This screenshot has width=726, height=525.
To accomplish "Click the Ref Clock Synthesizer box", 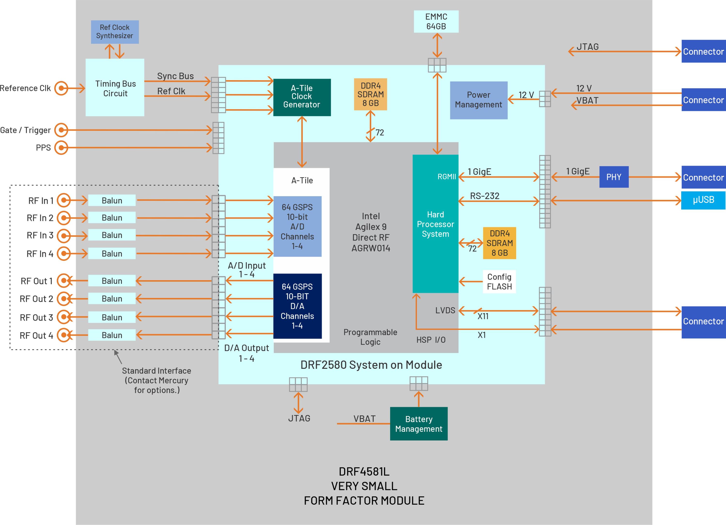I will pos(115,32).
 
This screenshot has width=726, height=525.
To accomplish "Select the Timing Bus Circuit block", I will pos(115,87).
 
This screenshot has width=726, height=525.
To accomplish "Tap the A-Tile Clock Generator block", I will pos(302,97).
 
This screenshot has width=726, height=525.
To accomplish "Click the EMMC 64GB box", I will pos(436,22).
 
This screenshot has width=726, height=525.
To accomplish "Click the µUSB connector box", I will pos(703,200).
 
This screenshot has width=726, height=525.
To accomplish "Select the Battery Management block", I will pos(418,424).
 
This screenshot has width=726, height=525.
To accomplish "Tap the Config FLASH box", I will pos(499,282).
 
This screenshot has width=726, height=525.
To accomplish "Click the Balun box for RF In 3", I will pos(112,235).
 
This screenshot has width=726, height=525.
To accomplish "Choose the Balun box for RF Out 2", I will pos(112,299).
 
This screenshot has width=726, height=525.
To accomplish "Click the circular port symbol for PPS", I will pos(61,148).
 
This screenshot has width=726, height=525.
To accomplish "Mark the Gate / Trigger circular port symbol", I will pos(61,130).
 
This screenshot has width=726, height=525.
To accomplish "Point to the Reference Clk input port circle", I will pos(61,88).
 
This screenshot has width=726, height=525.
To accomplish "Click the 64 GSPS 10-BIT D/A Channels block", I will pos(297,306).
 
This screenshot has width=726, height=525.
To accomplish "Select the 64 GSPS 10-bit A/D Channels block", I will pos(297,226).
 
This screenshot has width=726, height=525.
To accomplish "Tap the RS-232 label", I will pos(484,196).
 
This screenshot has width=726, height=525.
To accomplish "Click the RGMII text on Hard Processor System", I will pos(446,177).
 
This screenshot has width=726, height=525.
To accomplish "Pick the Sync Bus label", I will pos(175,76).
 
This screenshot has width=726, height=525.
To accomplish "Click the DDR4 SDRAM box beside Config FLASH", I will pos(499,243).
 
